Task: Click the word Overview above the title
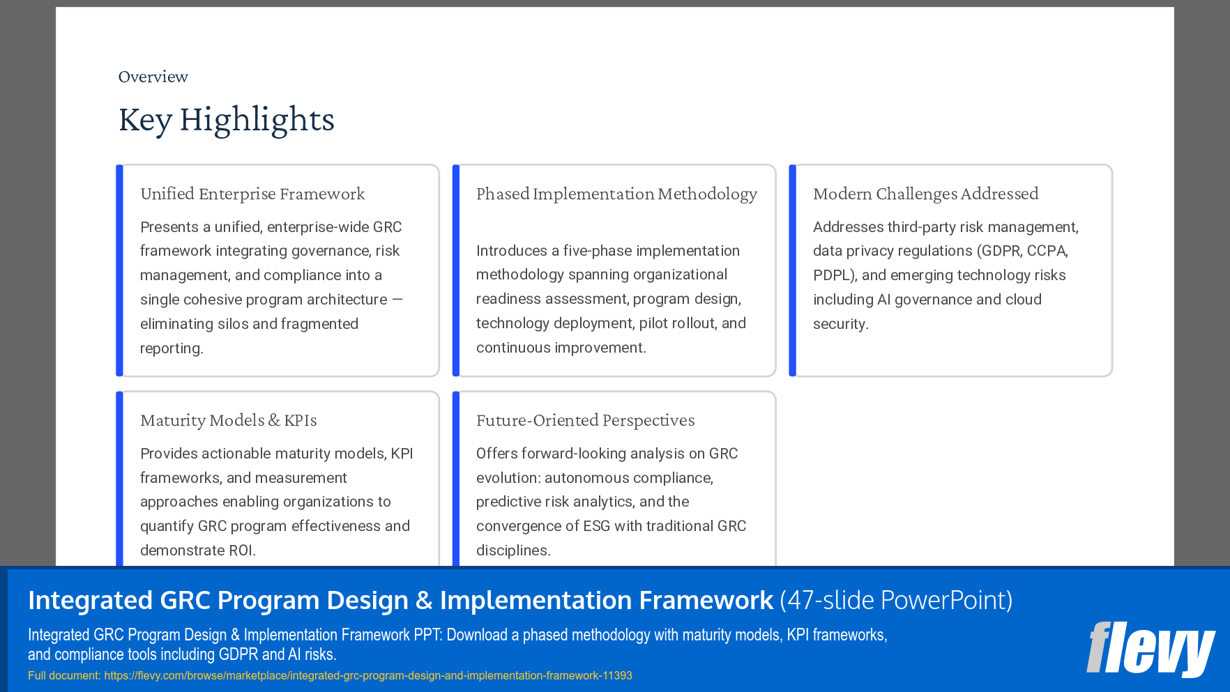tap(153, 77)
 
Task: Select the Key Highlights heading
tap(226, 119)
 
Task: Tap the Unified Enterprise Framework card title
tap(252, 194)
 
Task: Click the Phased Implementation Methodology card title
tap(616, 194)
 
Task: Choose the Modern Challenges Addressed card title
tap(925, 194)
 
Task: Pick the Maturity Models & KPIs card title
tap(228, 420)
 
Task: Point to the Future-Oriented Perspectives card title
tap(585, 420)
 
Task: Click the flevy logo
tap(1151, 649)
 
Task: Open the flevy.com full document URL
tap(367, 675)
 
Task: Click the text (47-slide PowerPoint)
tap(896, 600)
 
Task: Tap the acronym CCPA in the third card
tap(1047, 251)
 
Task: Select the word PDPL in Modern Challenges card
tap(833, 275)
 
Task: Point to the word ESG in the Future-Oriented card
tap(596, 526)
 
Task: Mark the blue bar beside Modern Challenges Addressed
tap(792, 270)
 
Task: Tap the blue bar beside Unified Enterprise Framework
tap(119, 270)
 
